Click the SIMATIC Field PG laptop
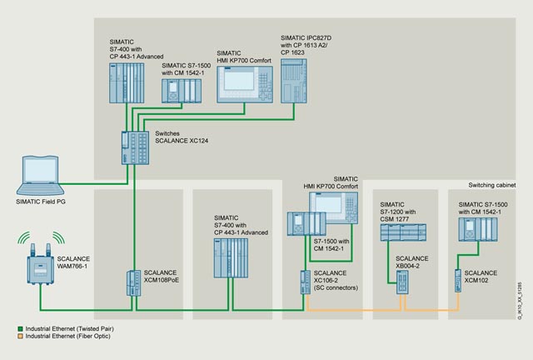[x=41, y=176]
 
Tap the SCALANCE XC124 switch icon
[x=135, y=148]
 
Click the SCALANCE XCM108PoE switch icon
[x=133, y=283]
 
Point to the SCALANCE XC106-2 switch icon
[x=306, y=282]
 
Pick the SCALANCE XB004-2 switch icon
[x=402, y=282]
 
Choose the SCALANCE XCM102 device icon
[x=458, y=281]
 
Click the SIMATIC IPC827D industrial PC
[x=294, y=81]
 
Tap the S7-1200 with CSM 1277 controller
[x=403, y=232]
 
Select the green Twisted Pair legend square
[x=20, y=329]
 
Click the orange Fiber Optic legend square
[x=20, y=336]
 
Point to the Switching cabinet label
[x=492, y=185]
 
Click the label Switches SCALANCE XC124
[x=182, y=137]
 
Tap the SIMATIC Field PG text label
[x=41, y=202]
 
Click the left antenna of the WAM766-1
[x=33, y=250]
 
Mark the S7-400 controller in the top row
[x=127, y=83]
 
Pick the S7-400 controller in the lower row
[x=231, y=258]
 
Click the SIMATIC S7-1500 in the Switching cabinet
[x=478, y=230]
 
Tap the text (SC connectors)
[x=336, y=287]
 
